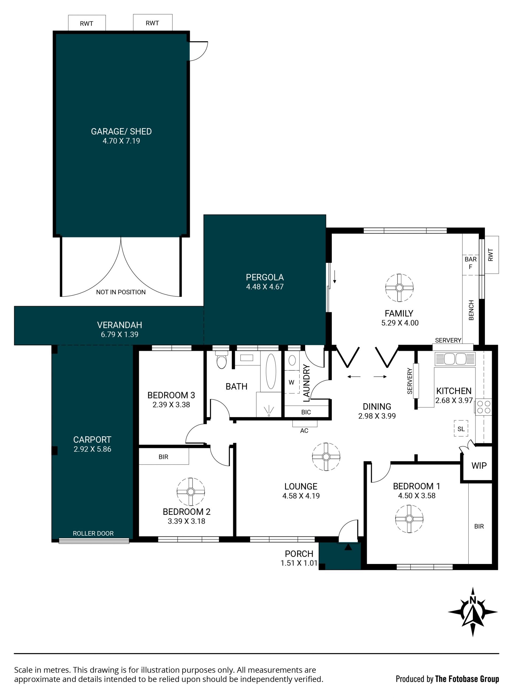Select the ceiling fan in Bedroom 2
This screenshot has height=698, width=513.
click(x=191, y=492)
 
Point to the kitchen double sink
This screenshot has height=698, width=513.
click(x=455, y=359)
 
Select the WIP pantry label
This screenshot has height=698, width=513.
click(x=479, y=466)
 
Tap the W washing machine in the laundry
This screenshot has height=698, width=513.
click(x=292, y=382)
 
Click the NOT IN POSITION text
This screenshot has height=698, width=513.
click(x=121, y=292)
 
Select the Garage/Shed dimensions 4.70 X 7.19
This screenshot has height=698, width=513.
click(x=121, y=141)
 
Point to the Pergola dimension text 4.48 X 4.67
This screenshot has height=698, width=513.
click(x=265, y=286)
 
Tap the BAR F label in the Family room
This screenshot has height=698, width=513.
click(x=471, y=263)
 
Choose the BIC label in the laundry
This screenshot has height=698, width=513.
click(x=306, y=412)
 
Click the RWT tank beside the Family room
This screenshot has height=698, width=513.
click(x=492, y=255)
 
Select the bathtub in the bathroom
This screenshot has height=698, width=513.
click(x=271, y=371)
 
